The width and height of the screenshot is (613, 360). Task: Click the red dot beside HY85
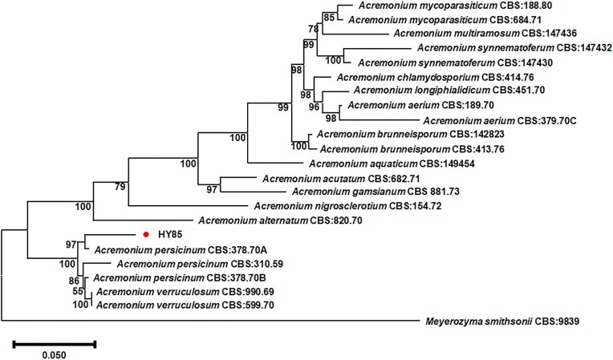[145, 235]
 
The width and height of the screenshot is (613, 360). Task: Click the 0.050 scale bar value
[55, 354]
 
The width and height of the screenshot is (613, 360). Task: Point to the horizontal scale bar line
[55, 344]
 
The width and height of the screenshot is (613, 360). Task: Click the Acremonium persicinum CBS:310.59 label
[191, 264]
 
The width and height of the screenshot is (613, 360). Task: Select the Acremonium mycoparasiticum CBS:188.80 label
[432, 6]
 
